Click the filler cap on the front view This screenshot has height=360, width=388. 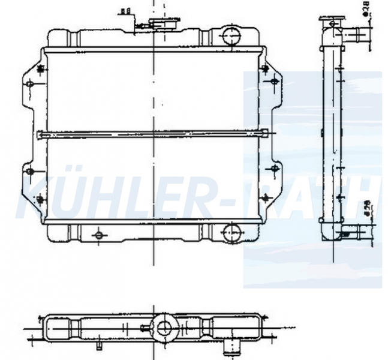click(164, 23)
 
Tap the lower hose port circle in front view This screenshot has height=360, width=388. click(231, 232)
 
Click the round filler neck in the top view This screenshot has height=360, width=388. click(164, 328)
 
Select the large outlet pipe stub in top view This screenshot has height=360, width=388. click(231, 347)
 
